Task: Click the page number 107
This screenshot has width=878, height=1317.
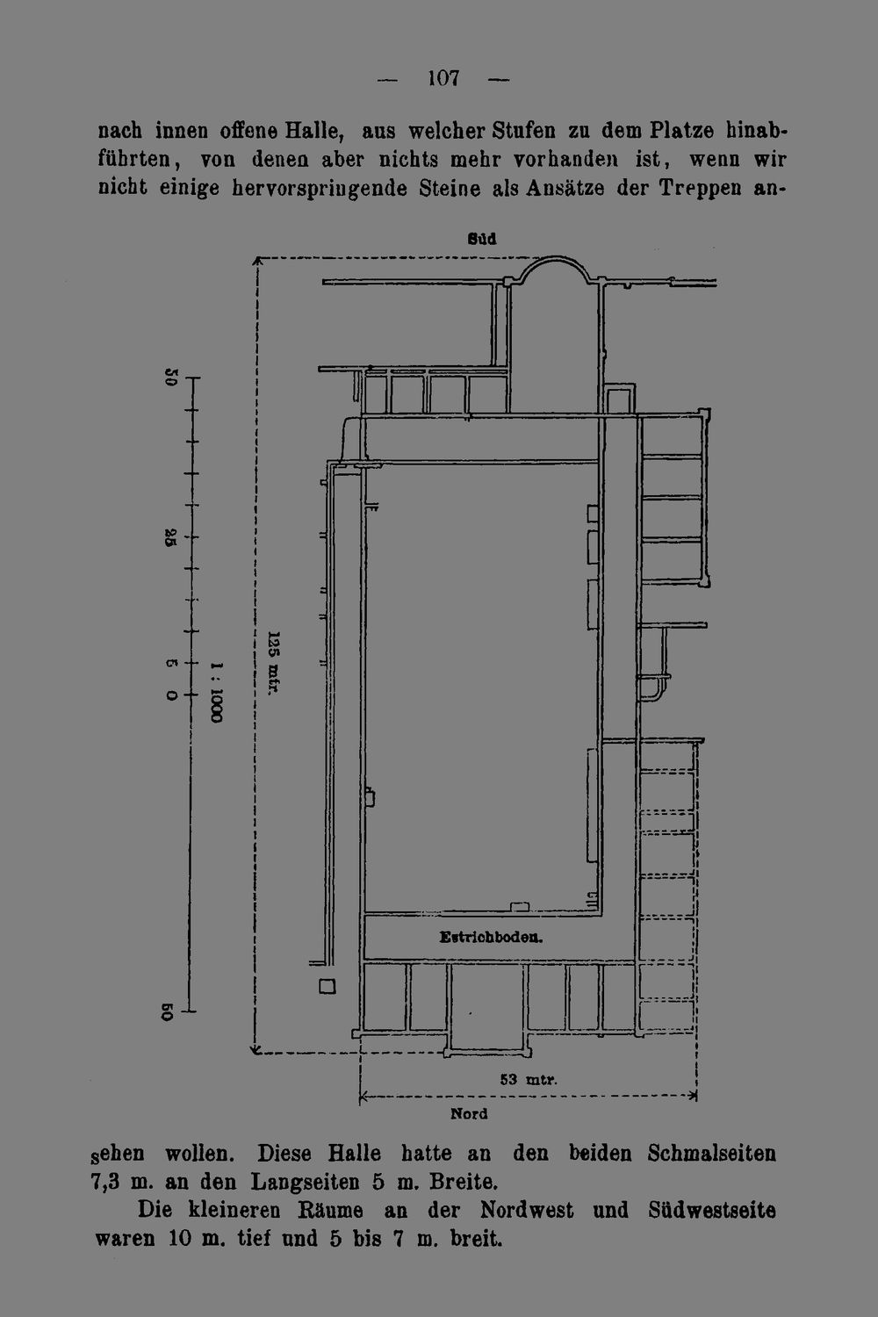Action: click(x=443, y=78)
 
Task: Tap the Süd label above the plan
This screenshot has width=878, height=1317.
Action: click(x=482, y=239)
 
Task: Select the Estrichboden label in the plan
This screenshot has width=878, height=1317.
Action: click(x=491, y=937)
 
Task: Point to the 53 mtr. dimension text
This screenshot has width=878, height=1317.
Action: click(x=529, y=1079)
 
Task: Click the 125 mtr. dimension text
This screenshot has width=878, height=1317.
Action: click(x=273, y=663)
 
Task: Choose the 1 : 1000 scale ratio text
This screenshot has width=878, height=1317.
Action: click(x=216, y=693)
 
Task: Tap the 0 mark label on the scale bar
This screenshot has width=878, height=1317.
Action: click(x=171, y=695)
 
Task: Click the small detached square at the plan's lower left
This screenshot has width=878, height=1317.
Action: click(x=327, y=986)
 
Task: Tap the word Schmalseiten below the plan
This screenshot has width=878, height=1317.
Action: click(x=711, y=1153)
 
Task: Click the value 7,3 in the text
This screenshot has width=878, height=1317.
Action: click(x=107, y=1182)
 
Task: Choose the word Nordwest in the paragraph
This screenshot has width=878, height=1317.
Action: click(x=527, y=1210)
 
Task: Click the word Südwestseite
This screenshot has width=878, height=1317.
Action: click(x=712, y=1210)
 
